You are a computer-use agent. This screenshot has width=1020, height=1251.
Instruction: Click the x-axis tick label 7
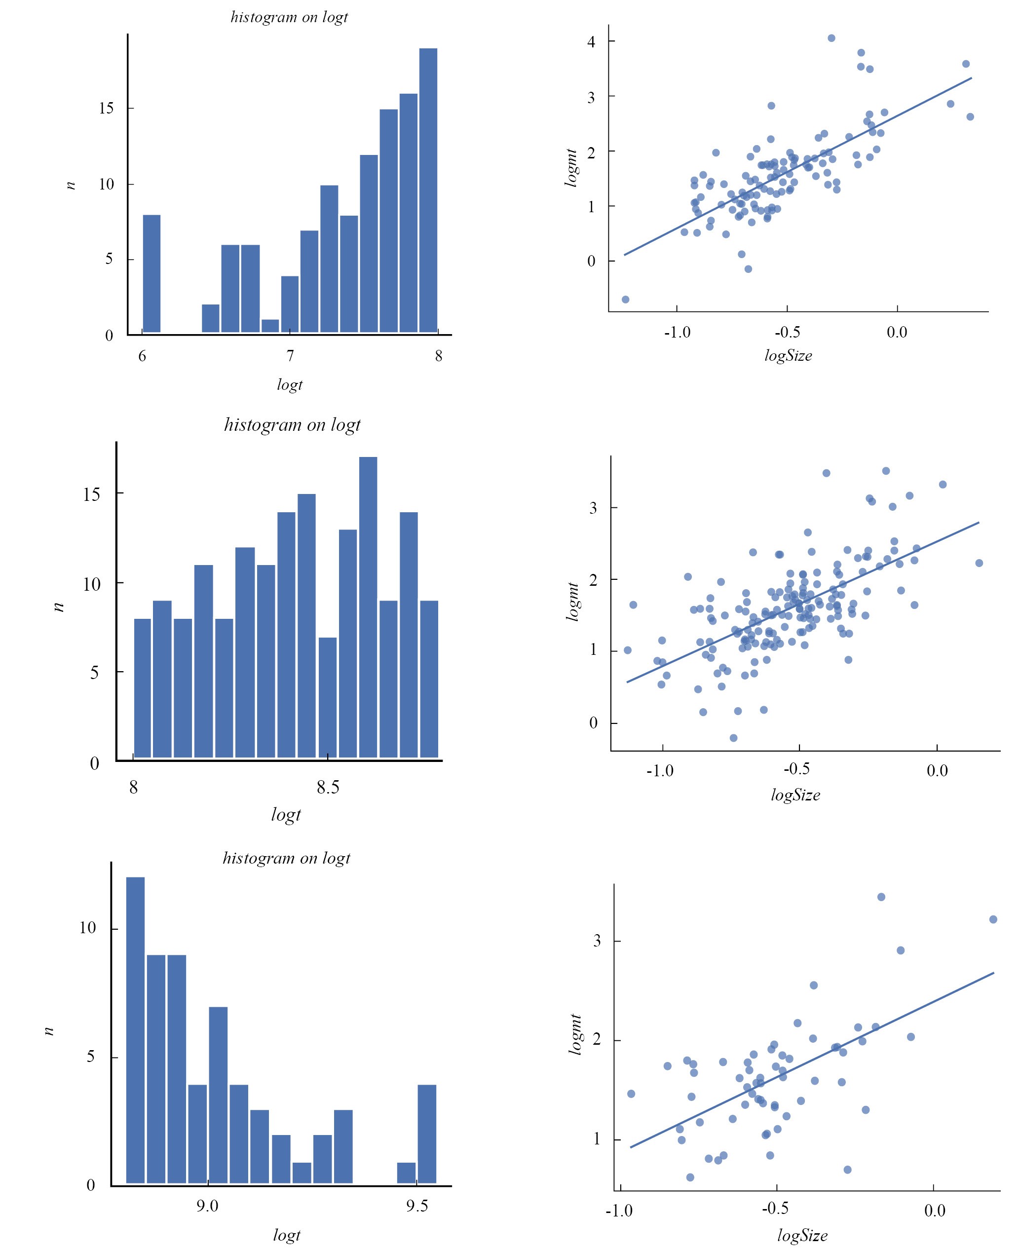coord(290,356)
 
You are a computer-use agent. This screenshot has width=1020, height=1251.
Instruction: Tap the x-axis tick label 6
coord(142,356)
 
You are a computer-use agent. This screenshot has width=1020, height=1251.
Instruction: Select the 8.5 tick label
coord(328,788)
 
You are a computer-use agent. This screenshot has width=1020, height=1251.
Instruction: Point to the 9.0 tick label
coord(207,1207)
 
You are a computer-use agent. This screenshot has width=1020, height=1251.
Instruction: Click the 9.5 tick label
coord(416,1207)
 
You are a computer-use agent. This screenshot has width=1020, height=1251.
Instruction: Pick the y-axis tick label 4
coord(591,42)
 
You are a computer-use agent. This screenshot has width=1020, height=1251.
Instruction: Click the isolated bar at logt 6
coord(151,274)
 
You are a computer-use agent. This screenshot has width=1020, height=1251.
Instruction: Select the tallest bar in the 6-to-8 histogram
coord(428,190)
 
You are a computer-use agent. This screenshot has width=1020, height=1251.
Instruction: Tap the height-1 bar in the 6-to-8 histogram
coord(270,326)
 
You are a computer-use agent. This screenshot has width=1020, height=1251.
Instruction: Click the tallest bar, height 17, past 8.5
coord(368,607)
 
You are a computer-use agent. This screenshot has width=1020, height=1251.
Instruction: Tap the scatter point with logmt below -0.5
coord(625,300)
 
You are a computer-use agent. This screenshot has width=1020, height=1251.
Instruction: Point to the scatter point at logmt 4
coord(831,38)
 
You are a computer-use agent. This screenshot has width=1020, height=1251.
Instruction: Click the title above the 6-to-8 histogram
coord(289,17)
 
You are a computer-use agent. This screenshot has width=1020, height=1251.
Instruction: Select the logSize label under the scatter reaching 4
coord(788,355)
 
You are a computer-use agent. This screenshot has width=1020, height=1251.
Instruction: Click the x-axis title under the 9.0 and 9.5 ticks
coord(287,1235)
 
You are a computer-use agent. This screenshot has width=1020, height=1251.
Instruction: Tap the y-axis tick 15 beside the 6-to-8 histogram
coord(107,109)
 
